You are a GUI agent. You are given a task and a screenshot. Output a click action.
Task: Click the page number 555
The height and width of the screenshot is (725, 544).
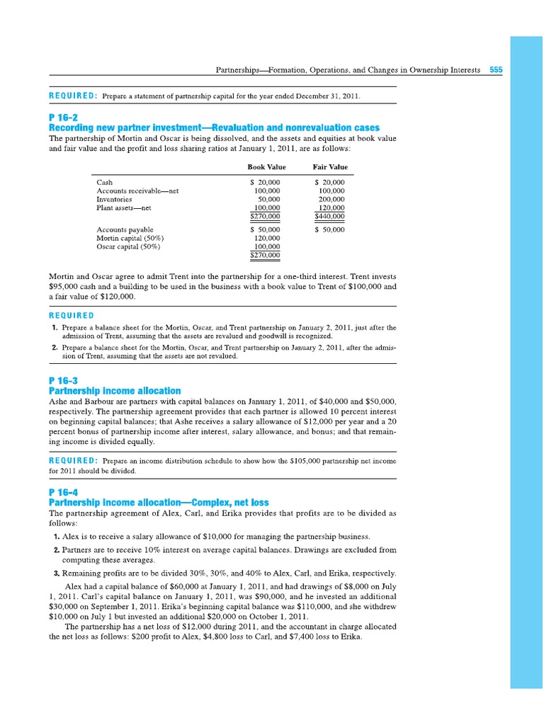(x=496, y=71)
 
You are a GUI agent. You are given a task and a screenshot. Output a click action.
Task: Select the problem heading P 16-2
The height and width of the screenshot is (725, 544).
(x=62, y=117)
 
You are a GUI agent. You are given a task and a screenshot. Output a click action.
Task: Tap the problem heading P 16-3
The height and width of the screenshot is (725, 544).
(x=62, y=380)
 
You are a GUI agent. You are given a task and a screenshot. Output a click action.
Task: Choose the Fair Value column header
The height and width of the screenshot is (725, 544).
(x=330, y=167)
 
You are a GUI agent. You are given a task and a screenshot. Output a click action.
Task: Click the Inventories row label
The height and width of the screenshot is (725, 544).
(x=114, y=200)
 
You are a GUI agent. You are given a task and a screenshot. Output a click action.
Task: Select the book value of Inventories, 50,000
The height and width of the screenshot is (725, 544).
(x=269, y=200)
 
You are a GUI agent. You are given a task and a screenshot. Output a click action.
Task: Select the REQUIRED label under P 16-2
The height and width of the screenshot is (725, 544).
(x=71, y=315)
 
